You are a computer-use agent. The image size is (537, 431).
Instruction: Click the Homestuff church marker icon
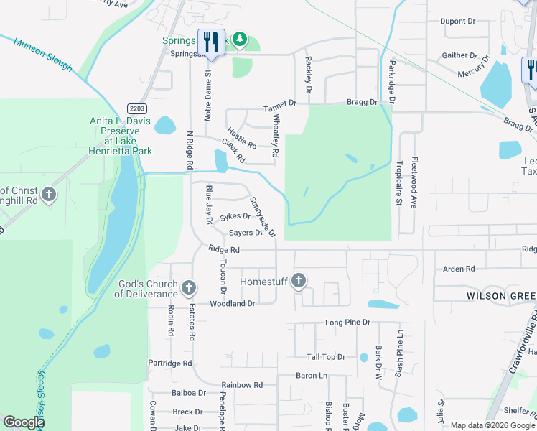299,281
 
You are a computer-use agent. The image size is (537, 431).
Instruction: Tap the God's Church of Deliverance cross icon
189,289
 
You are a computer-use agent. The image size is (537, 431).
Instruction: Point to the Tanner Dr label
279,105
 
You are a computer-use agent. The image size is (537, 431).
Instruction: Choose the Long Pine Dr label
347,323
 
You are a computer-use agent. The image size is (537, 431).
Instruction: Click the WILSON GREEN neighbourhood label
501,296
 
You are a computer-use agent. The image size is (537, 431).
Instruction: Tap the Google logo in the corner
24,422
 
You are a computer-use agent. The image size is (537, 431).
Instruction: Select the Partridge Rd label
169,363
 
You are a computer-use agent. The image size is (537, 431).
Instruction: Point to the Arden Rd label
459,269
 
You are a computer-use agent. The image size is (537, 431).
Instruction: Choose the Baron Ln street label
312,376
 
